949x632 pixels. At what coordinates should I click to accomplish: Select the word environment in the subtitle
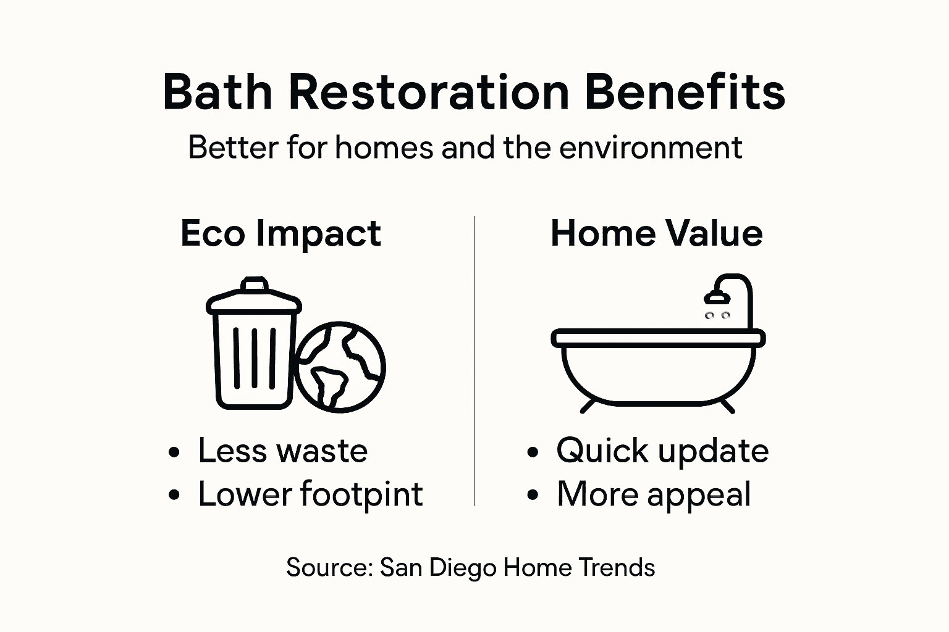pyautogui.click(x=650, y=148)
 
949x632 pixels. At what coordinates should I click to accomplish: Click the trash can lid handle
pyautogui.click(x=254, y=285)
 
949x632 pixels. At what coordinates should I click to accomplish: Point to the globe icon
pyautogui.click(x=340, y=367)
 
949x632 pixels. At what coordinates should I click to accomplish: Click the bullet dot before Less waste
pyautogui.click(x=175, y=452)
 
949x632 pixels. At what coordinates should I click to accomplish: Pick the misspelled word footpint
pyautogui.click(x=361, y=495)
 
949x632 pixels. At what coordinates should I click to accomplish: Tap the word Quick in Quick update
pyautogui.click(x=602, y=451)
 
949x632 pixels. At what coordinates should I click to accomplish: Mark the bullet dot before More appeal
pyautogui.click(x=533, y=495)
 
